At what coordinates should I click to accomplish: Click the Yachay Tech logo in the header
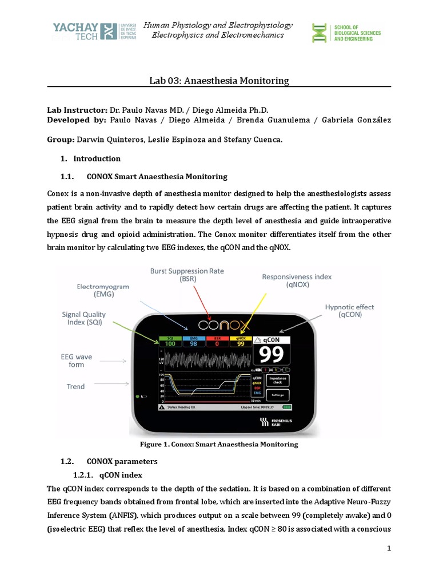[94, 31]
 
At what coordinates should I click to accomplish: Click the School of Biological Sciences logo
[345, 33]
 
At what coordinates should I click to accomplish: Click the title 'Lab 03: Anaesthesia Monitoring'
[219, 81]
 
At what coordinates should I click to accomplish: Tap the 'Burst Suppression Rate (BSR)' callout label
[186, 275]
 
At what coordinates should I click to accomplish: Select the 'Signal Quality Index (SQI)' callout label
[87, 319]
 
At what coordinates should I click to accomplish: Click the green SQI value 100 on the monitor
[170, 343]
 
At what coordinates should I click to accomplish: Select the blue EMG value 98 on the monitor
[193, 343]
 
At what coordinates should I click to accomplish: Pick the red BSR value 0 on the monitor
[217, 343]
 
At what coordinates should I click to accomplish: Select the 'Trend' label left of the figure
[75, 387]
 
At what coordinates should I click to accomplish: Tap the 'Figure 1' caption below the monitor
[219, 444]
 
